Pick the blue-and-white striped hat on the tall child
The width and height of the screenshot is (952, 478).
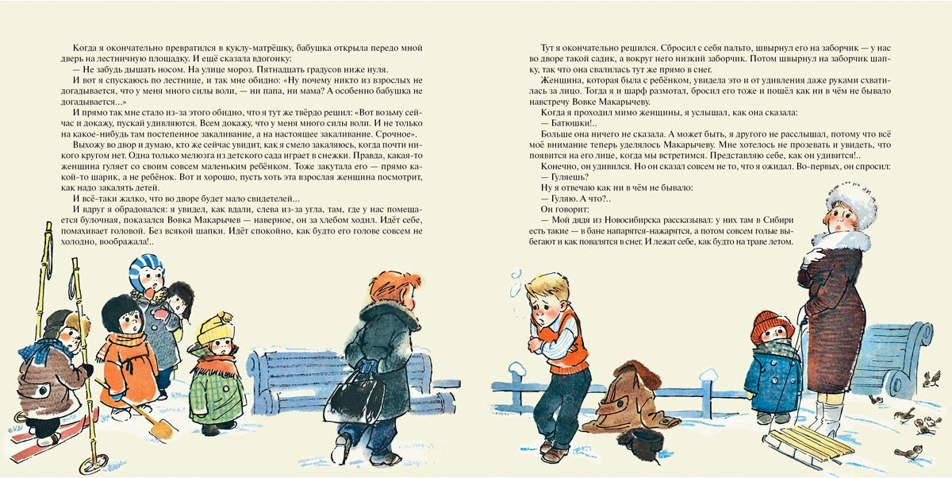click(x=145, y=270)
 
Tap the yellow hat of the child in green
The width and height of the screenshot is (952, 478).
click(x=212, y=327)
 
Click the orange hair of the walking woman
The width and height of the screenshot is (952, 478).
click(x=394, y=286)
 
